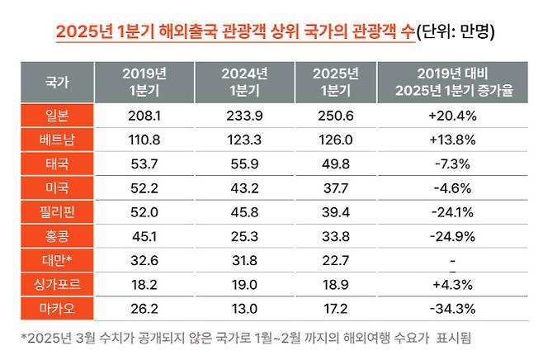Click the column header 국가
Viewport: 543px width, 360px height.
pyautogui.click(x=57, y=83)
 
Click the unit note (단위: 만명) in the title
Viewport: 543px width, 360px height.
pyautogui.click(x=457, y=33)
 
